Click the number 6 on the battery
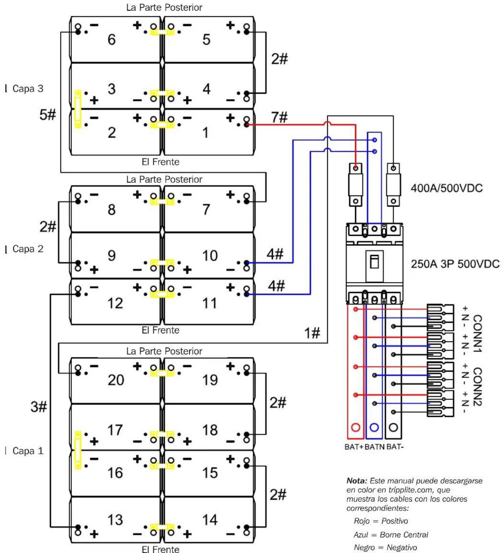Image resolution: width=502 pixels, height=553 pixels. pyautogui.click(x=112, y=40)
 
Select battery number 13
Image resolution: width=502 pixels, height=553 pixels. pyautogui.click(x=115, y=519)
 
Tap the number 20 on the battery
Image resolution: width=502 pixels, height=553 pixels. pyautogui.click(x=116, y=380)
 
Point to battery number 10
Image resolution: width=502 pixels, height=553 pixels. pyautogui.click(x=209, y=256)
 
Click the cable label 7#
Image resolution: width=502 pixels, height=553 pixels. pyautogui.click(x=279, y=117)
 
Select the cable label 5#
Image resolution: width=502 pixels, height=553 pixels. pyautogui.click(x=48, y=115)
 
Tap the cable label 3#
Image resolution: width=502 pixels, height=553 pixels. pyautogui.click(x=39, y=407)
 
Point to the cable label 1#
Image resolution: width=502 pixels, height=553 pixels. pyautogui.click(x=312, y=333)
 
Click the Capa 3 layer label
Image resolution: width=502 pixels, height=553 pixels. pyautogui.click(x=28, y=89)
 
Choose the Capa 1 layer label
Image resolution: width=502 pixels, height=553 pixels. pyautogui.click(x=28, y=451)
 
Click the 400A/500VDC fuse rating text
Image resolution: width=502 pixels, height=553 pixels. pyautogui.click(x=447, y=188)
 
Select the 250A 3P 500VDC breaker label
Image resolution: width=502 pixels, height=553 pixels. pyautogui.click(x=455, y=264)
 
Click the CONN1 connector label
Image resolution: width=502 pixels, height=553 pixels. pyautogui.click(x=477, y=333)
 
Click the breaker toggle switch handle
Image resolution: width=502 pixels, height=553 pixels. pyautogui.click(x=374, y=262)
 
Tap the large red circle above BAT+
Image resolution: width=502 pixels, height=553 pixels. pyautogui.click(x=356, y=427)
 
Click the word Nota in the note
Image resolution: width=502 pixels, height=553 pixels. pyautogui.click(x=357, y=481)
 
